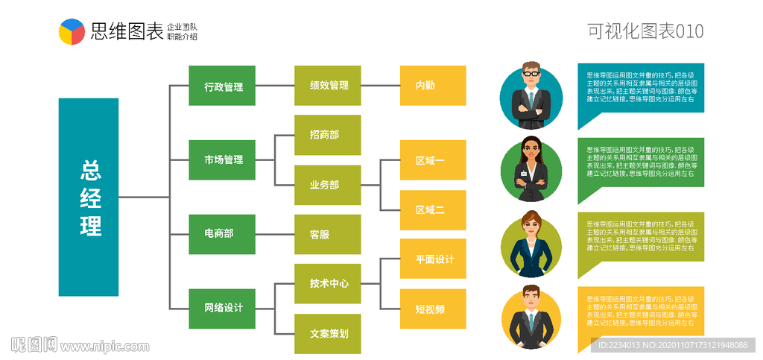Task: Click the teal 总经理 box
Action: tap(89, 197)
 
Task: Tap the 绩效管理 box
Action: tap(328, 86)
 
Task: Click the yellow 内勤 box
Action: tap(433, 86)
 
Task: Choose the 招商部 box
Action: tap(328, 135)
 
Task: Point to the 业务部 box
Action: tap(328, 185)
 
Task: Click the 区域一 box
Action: tap(433, 160)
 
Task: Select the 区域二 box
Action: tap(433, 210)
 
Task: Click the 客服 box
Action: tap(328, 234)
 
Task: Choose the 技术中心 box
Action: tap(328, 284)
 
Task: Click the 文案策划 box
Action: tap(328, 334)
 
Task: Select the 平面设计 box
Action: tap(433, 259)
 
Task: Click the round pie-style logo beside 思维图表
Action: tap(72, 31)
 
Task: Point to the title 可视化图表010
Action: tap(645, 31)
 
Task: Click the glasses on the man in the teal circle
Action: tap(531, 73)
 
